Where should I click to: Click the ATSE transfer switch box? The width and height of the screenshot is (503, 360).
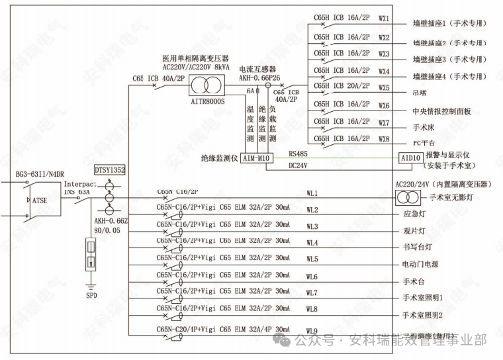tap(38, 199)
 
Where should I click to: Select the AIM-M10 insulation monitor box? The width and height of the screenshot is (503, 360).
tap(255, 159)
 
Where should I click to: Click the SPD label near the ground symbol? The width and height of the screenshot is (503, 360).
tap(91, 295)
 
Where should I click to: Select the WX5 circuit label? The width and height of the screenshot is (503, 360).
tap(384, 87)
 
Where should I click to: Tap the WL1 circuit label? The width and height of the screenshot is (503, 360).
tap(312, 193)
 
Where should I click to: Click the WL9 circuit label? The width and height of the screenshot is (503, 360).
tap(312, 331)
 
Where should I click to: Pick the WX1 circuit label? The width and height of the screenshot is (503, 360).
tap(384, 19)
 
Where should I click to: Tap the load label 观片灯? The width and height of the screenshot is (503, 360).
tap(415, 231)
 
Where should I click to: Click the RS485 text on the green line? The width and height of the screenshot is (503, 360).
tap(298, 154)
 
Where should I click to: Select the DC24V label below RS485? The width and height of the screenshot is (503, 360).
tap(298, 165)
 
